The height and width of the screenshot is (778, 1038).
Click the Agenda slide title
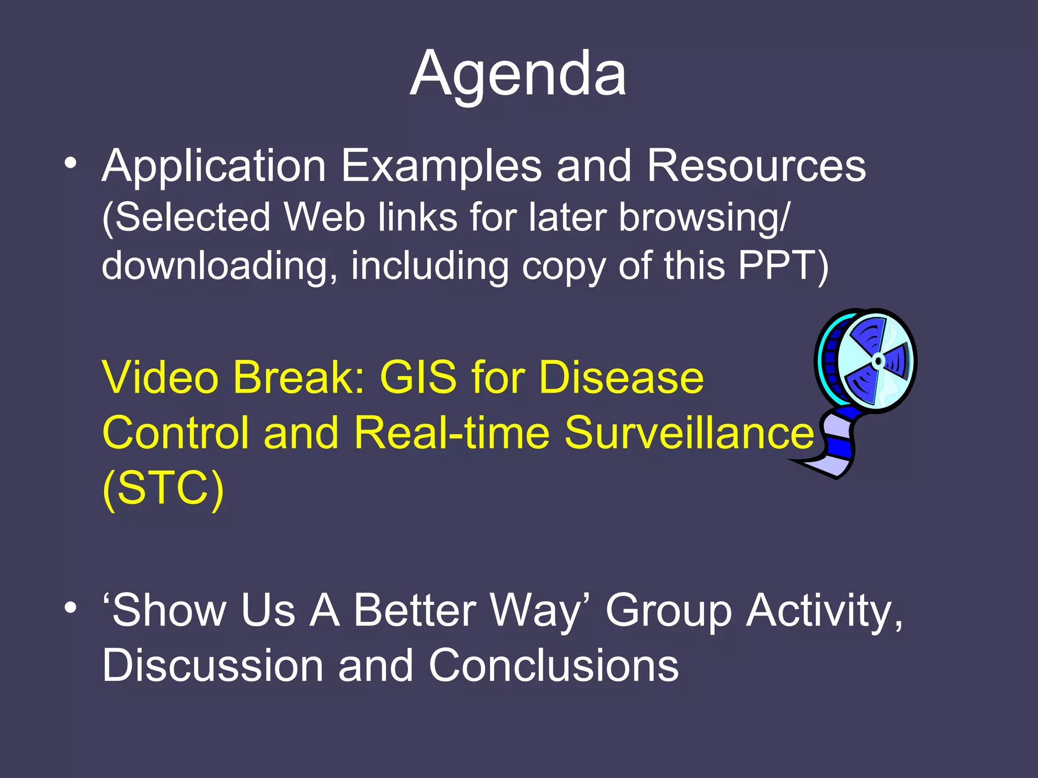[518, 75]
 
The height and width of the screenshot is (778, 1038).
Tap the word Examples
[441, 167]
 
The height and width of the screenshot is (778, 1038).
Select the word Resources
[756, 167]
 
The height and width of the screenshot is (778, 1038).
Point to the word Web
[324, 218]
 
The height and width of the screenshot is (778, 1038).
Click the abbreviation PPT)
[783, 265]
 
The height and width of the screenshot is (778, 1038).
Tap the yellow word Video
[160, 378]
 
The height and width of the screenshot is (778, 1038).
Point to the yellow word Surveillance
[689, 433]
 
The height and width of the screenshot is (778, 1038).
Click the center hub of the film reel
[878, 361]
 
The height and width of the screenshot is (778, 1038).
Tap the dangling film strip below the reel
[834, 446]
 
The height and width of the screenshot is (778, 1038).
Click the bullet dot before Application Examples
[70, 163]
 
